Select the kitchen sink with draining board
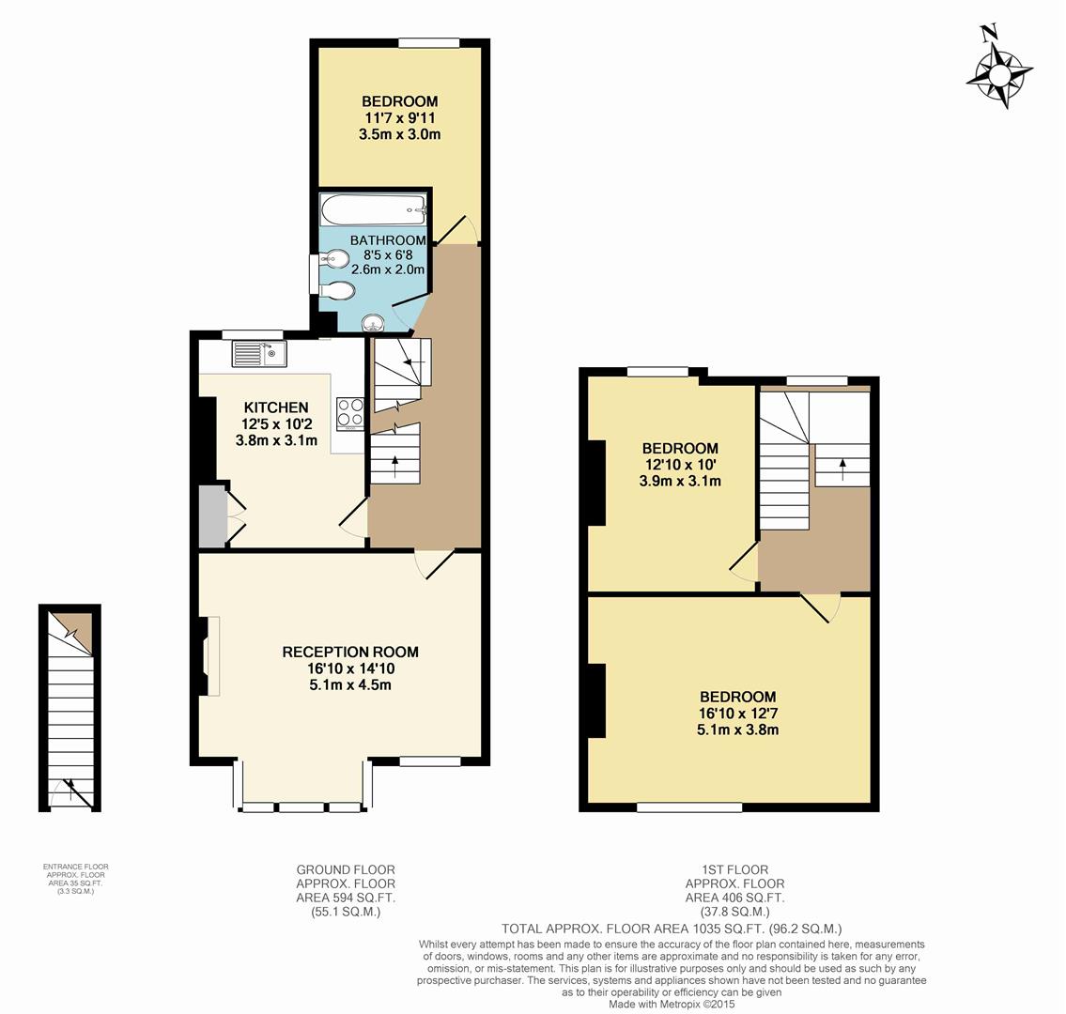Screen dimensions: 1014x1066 coord(260,354)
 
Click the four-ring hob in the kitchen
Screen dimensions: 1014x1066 coord(350,413)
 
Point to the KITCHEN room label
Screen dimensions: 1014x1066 coord(276,407)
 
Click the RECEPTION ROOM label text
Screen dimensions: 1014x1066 coord(350,652)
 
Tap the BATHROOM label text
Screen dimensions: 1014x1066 coord(388,240)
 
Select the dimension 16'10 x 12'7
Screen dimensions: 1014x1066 coord(737,714)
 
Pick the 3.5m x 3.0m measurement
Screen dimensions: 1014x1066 coord(399,134)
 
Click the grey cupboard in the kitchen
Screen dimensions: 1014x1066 coord(212,515)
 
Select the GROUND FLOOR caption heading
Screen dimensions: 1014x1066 coord(346,869)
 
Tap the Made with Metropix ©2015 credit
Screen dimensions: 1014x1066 coord(672,1004)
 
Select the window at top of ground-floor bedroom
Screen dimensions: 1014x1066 coord(428,42)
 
